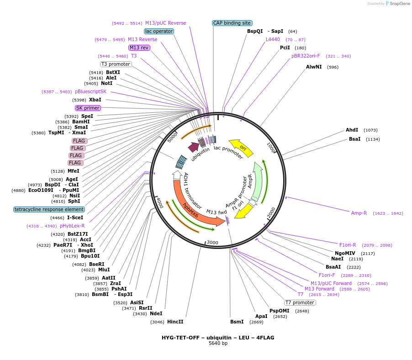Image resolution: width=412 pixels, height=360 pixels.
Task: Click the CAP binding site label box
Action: pyautogui.click(x=232, y=23)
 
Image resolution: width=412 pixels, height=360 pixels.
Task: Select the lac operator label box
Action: pyautogui.click(x=158, y=31)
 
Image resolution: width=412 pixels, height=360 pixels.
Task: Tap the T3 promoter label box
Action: pyautogui.click(x=116, y=64)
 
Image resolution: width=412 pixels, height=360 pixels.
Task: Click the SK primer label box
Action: pyautogui.click(x=88, y=108)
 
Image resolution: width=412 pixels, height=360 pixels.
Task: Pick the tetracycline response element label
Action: pyautogui.click(x=49, y=209)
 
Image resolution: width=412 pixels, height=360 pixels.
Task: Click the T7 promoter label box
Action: pyautogui.click(x=300, y=302)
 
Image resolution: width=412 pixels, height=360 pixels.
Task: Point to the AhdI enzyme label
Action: pyautogui.click(x=352, y=130)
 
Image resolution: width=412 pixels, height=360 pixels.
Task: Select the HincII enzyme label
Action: pyautogui.click(x=175, y=322)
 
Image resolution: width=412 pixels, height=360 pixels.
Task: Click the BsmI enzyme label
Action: pyautogui.click(x=237, y=322)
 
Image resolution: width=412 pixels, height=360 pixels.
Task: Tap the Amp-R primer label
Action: pyautogui.click(x=359, y=213)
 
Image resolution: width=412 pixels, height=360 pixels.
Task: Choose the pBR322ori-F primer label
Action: pyautogui.click(x=306, y=56)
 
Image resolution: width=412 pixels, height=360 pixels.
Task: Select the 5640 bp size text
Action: pyautogui.click(x=218, y=343)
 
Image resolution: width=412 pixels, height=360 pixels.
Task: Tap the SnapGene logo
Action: pyautogui.click(x=396, y=4)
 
